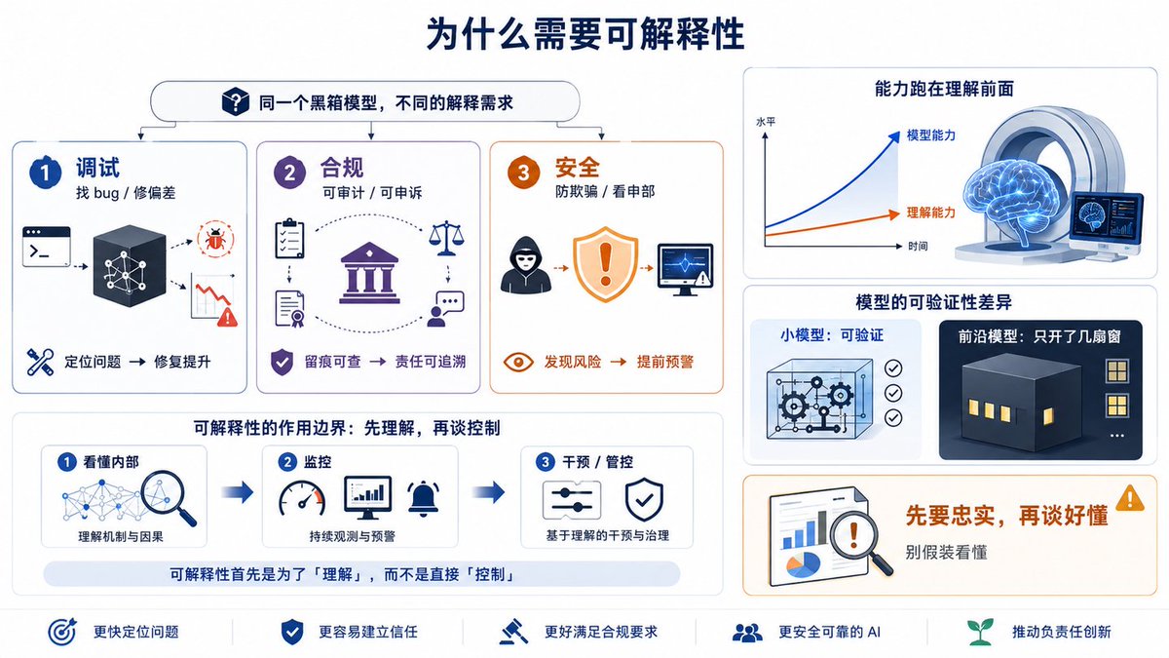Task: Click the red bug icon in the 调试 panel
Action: [215, 240]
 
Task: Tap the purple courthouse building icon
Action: [369, 273]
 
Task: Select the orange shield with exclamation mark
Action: [605, 264]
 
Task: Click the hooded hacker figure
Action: [525, 265]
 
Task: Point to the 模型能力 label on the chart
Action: [931, 135]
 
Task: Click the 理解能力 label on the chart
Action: [931, 213]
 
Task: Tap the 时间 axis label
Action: [918, 246]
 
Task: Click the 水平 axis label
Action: [766, 122]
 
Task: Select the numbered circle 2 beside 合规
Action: [289, 173]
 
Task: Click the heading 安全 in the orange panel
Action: [577, 168]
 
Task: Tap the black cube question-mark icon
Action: [236, 101]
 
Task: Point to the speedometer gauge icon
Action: [302, 498]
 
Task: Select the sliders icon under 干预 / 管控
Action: [572, 500]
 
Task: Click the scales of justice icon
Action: [446, 238]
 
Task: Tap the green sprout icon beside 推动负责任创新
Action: [980, 632]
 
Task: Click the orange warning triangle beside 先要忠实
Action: [1130, 498]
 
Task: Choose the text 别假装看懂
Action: [946, 552]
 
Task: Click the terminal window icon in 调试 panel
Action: [47, 247]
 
